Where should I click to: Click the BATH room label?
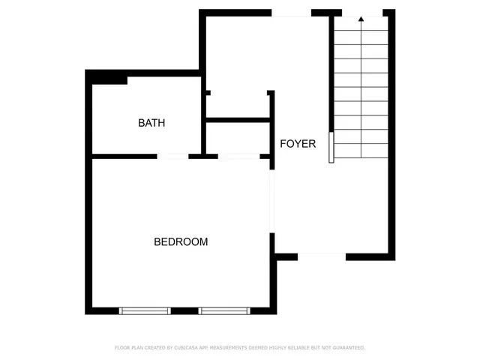(x=151, y=123)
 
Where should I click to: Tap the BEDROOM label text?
(x=181, y=242)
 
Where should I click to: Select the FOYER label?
(x=298, y=144)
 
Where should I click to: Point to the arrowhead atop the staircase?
(x=361, y=19)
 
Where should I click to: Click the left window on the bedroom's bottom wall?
(x=145, y=310)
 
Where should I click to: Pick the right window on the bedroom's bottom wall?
(x=224, y=310)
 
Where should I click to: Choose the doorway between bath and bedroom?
(x=172, y=156)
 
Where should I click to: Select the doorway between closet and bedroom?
(x=238, y=156)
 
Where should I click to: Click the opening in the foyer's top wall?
(x=291, y=13)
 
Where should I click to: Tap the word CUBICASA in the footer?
(x=189, y=348)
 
